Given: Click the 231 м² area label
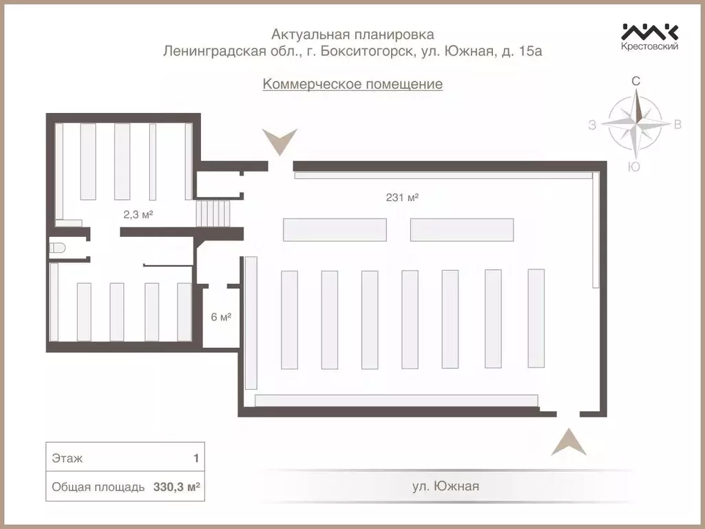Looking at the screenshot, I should (x=403, y=197).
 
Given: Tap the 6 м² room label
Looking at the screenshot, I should (x=220, y=318).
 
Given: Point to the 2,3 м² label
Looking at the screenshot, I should (x=138, y=214).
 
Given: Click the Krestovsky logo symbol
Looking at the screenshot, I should (x=650, y=32).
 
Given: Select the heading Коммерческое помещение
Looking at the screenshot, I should (x=352, y=84).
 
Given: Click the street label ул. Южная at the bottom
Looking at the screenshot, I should (x=445, y=486).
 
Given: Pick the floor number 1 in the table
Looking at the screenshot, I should (x=196, y=458).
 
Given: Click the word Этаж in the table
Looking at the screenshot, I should (x=67, y=458).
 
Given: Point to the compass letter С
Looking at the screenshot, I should (x=636, y=81).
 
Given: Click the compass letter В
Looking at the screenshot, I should (x=677, y=125).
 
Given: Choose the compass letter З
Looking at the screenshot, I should (x=592, y=125).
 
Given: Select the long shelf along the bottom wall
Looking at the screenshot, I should (x=396, y=401).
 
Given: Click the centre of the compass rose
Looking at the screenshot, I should (x=635, y=124).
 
